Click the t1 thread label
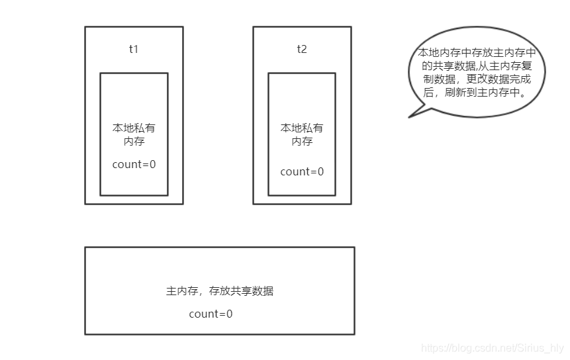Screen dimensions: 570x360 pyautogui.click(x=134, y=49)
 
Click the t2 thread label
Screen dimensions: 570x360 pyautogui.click(x=302, y=49)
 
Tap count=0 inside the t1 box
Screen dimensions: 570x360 pyautogui.click(x=134, y=164)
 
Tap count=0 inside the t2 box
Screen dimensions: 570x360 pyautogui.click(x=302, y=171)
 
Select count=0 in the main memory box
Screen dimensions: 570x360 pyautogui.click(x=211, y=314)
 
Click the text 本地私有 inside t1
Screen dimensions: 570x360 pyautogui.click(x=134, y=128)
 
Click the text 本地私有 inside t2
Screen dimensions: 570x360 pyautogui.click(x=302, y=128)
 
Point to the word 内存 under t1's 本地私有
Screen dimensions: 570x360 pyautogui.click(x=134, y=142)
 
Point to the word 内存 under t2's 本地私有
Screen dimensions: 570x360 pyautogui.click(x=302, y=142)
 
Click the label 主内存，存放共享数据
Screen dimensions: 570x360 pyautogui.click(x=219, y=291)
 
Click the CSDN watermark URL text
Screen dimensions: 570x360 pyautogui.click(x=493, y=348)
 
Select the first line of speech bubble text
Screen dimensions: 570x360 pyautogui.click(x=476, y=52)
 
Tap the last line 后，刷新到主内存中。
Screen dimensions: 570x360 pyautogui.click(x=476, y=93)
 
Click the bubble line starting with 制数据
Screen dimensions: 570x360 pyautogui.click(x=476, y=79)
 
